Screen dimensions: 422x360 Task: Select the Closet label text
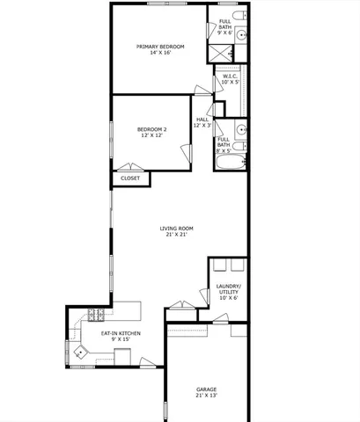(x=130, y=178)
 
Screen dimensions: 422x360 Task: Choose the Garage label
(x=206, y=389)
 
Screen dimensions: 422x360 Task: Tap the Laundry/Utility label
(x=228, y=289)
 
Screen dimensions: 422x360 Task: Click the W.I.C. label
(x=229, y=76)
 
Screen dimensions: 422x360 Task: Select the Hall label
(x=202, y=119)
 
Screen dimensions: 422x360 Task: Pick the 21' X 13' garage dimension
(x=206, y=397)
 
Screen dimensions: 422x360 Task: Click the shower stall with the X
(x=219, y=51)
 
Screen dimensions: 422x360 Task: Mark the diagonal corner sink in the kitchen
(x=81, y=353)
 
